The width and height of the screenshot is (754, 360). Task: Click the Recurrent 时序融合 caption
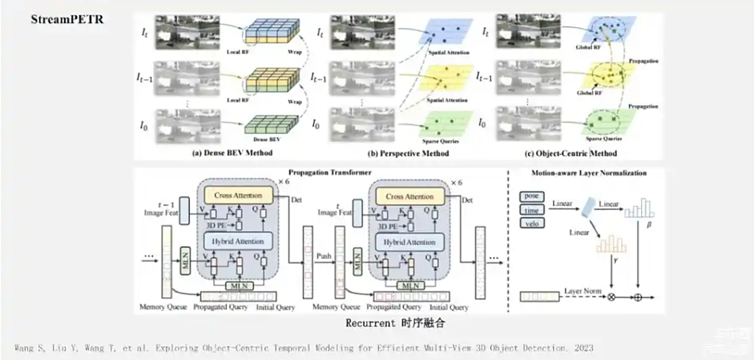tap(395, 323)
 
